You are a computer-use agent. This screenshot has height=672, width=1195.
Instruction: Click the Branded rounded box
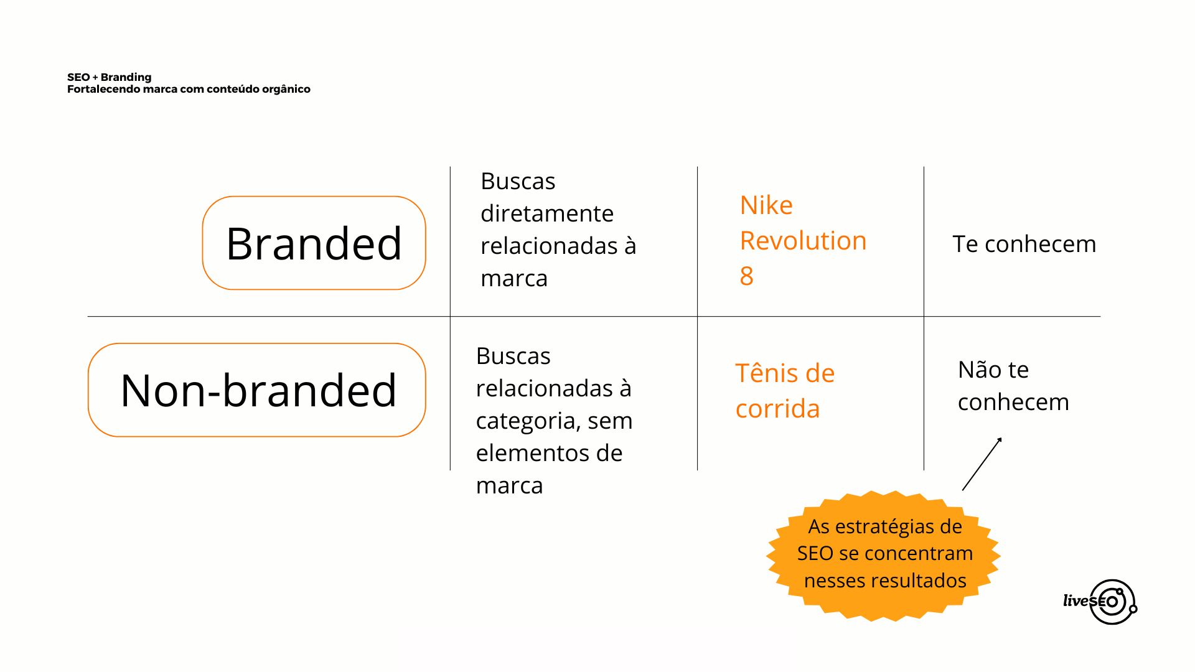pyautogui.click(x=314, y=243)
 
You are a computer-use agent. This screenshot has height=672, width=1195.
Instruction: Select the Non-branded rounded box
pyautogui.click(x=257, y=390)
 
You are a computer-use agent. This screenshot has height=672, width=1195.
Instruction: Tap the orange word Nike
pyautogui.click(x=766, y=205)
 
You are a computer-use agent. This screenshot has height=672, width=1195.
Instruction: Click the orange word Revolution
pyautogui.click(x=803, y=241)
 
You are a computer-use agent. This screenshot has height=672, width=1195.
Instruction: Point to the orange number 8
pyautogui.click(x=746, y=276)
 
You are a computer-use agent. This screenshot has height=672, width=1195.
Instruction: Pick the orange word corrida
pyautogui.click(x=777, y=409)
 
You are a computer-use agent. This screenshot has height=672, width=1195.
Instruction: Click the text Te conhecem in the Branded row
pyautogui.click(x=1024, y=244)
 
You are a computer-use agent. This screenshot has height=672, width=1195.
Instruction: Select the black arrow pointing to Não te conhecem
pyautogui.click(x=982, y=464)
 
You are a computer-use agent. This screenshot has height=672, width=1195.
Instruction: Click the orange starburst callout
pyautogui.click(x=884, y=555)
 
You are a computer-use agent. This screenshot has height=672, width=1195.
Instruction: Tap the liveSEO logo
pyautogui.click(x=1100, y=602)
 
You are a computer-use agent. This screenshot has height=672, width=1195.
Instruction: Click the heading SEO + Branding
pyautogui.click(x=110, y=77)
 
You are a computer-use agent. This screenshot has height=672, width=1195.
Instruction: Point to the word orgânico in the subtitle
pyautogui.click(x=286, y=89)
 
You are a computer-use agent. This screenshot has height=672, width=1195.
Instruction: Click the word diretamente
pyautogui.click(x=547, y=213)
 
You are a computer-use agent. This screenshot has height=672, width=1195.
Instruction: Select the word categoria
pyautogui.click(x=528, y=421)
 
